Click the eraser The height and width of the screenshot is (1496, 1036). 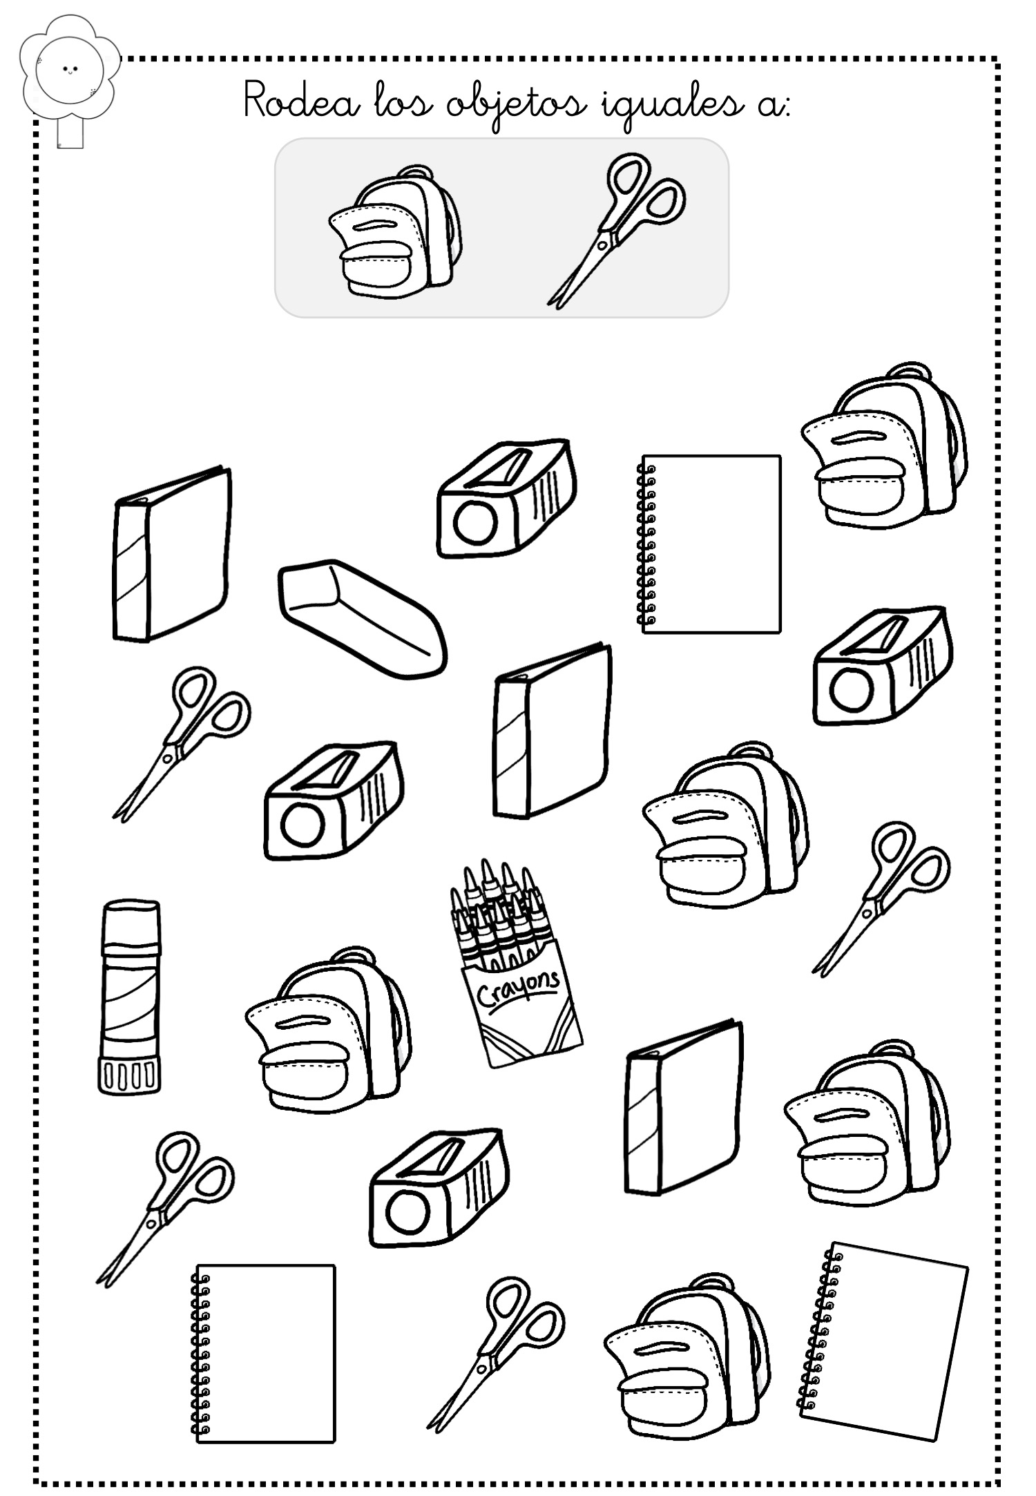(363, 618)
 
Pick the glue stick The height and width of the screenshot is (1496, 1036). (129, 997)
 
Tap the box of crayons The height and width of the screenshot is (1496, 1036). (515, 963)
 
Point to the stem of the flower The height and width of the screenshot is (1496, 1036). (70, 133)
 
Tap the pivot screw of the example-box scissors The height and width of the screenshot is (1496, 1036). (602, 243)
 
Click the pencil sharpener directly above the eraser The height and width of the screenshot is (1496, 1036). (506, 497)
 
